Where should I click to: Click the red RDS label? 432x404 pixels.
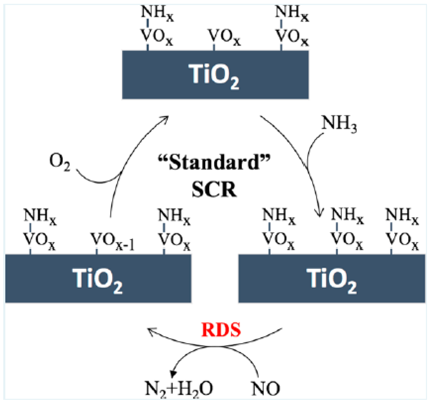click(x=221, y=330)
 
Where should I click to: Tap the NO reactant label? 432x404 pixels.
click(x=265, y=388)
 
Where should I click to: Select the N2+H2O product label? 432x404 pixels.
click(x=179, y=388)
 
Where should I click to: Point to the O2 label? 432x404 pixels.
click(x=60, y=162)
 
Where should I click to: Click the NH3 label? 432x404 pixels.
click(x=339, y=123)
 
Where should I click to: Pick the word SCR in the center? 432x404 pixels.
click(x=214, y=190)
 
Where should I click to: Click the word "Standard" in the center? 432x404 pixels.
click(x=214, y=162)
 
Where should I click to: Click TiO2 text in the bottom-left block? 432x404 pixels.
click(x=98, y=279)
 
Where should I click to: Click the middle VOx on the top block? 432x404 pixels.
click(x=224, y=37)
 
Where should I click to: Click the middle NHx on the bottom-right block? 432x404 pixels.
click(x=347, y=216)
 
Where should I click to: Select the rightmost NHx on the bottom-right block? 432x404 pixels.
click(x=402, y=216)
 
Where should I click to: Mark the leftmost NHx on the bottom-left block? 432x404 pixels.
click(x=40, y=216)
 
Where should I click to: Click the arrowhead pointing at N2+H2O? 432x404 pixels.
click(x=173, y=374)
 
